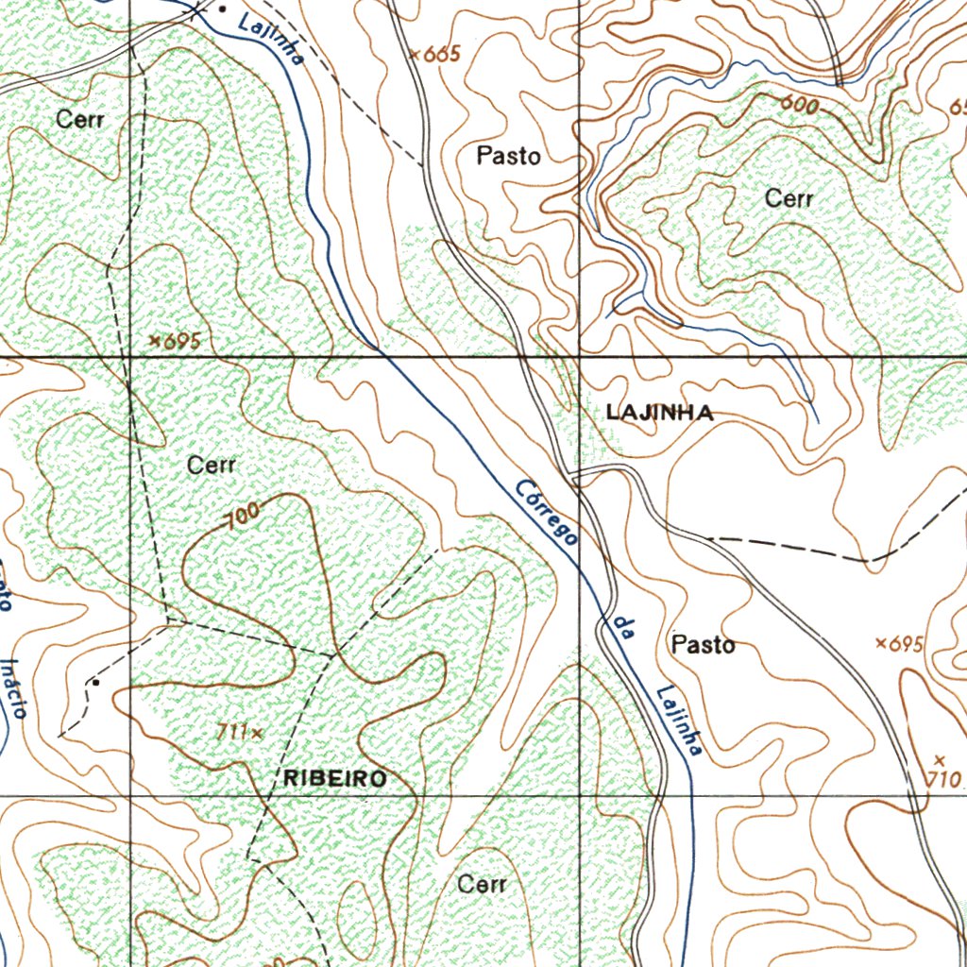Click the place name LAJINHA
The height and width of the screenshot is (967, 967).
click(x=659, y=413)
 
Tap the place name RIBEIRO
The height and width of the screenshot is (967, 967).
click(x=335, y=778)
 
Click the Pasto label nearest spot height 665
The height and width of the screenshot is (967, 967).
click(x=508, y=156)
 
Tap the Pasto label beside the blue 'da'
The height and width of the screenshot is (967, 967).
click(x=703, y=645)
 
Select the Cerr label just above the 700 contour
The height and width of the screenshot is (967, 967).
click(x=211, y=466)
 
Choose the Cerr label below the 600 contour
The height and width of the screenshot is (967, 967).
click(x=789, y=199)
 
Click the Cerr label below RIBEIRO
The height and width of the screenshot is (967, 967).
click(x=482, y=885)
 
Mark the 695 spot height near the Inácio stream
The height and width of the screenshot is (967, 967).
click(x=175, y=341)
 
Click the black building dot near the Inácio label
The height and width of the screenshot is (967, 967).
click(x=95, y=682)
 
